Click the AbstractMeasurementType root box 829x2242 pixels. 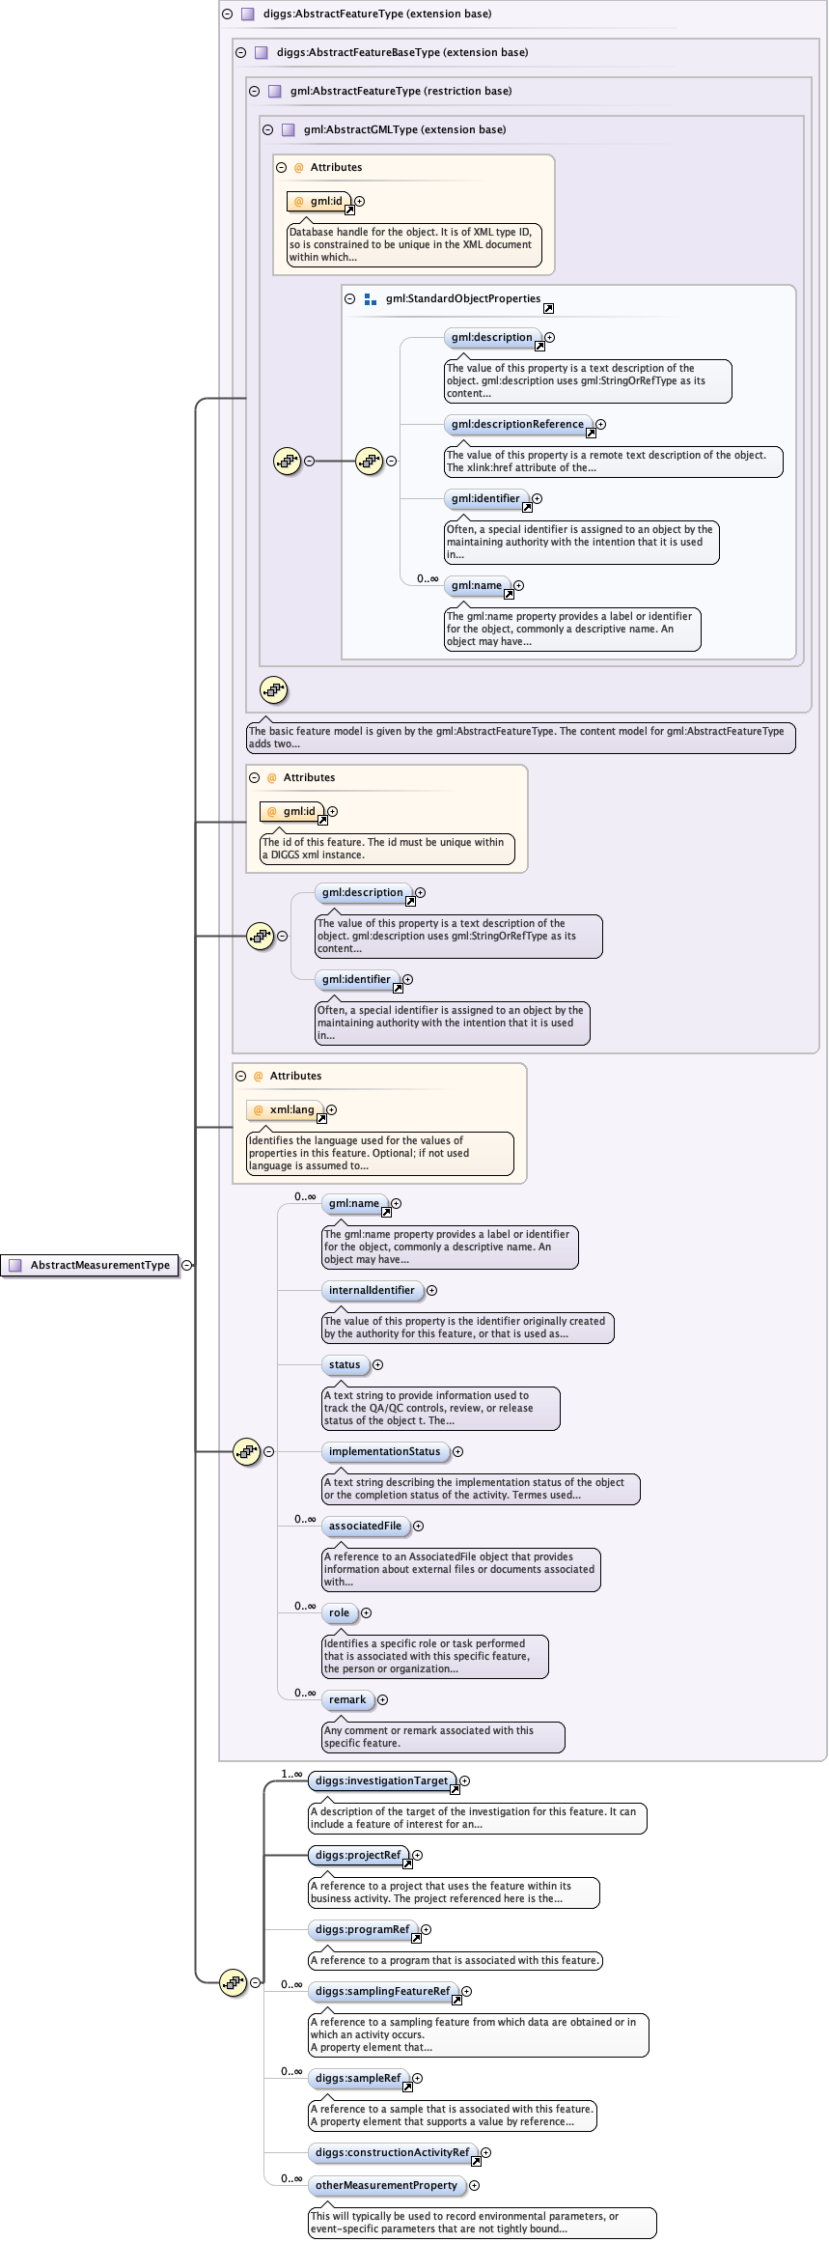[x=91, y=1265]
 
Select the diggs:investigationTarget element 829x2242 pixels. [x=381, y=1780]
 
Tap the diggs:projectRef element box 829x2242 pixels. [x=357, y=1855]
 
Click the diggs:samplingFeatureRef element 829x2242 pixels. [x=382, y=1991]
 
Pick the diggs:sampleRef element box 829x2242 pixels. [x=357, y=2078]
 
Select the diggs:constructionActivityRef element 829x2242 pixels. [x=392, y=2152]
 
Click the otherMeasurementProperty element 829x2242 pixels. [x=386, y=2185]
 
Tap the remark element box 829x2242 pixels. [x=347, y=1699]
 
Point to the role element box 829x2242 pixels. [x=339, y=1612]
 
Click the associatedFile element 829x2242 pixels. [x=365, y=1526]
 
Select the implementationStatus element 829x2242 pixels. [x=384, y=1451]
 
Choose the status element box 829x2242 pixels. [x=345, y=1364]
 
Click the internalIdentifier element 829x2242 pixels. [x=372, y=1290]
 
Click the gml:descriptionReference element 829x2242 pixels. [x=517, y=424]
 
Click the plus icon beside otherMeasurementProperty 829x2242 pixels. [x=474, y=2185]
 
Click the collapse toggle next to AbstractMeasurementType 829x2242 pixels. [x=186, y=1265]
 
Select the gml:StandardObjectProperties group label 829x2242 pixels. [x=462, y=298]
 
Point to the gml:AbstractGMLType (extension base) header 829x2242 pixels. [x=404, y=129]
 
